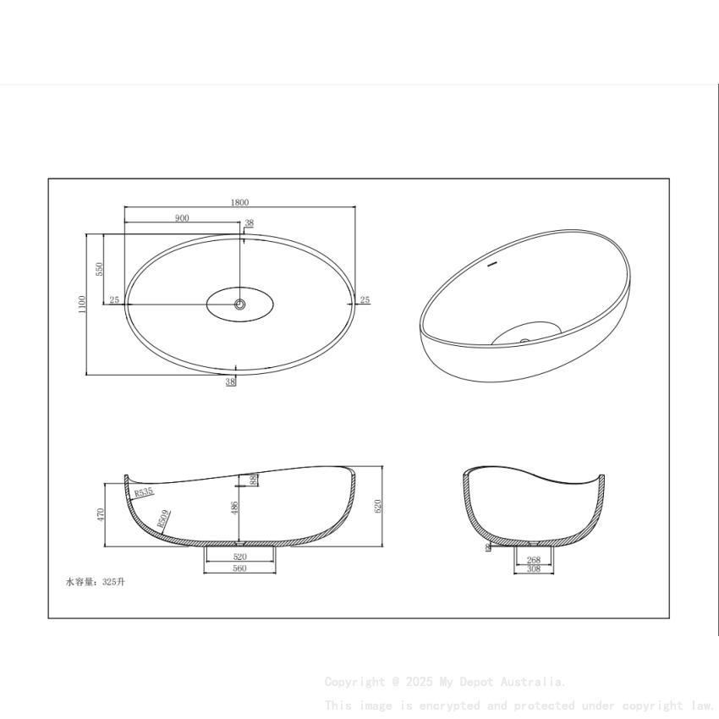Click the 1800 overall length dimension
click(239, 202)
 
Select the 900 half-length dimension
click(182, 218)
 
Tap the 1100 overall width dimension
click(82, 305)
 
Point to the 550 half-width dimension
click(99, 269)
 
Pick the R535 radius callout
click(143, 492)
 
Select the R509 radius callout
click(163, 518)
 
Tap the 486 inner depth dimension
click(234, 508)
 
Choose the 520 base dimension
click(239, 557)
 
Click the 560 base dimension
click(239, 569)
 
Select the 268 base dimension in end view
click(534, 560)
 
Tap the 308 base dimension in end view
click(534, 570)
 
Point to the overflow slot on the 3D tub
click(491, 266)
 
